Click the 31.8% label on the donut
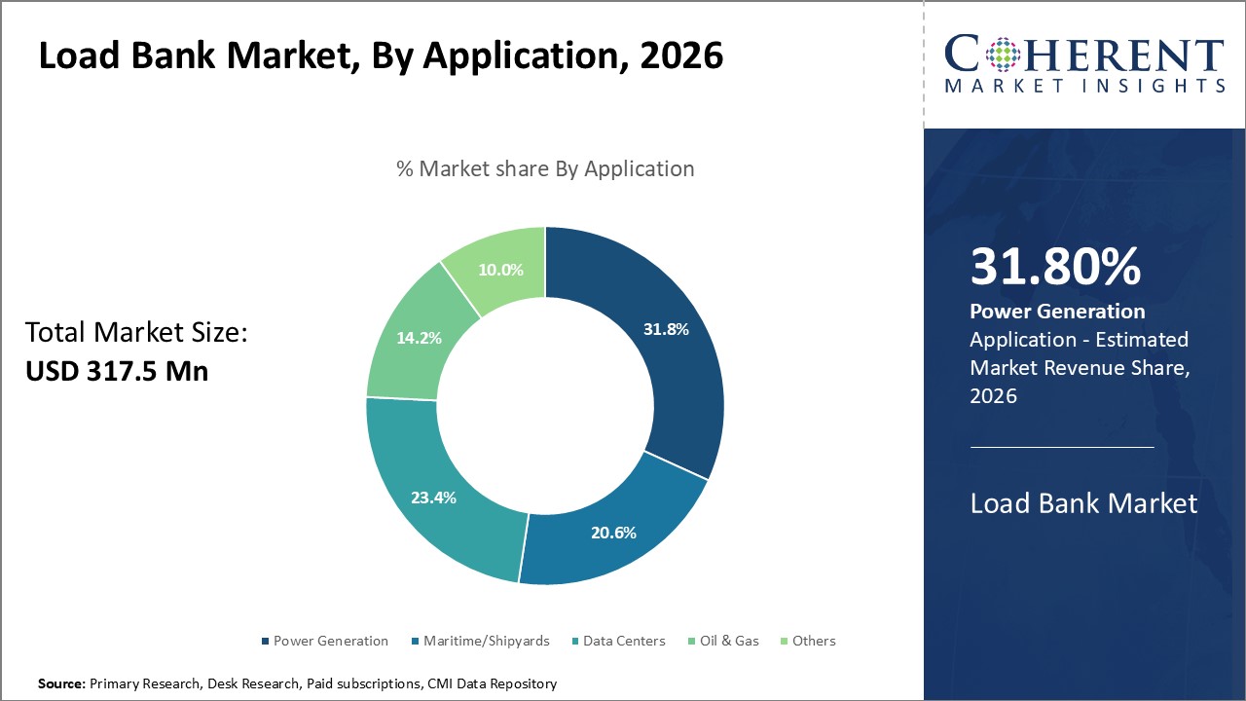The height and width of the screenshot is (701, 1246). [666, 329]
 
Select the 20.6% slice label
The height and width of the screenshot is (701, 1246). [613, 533]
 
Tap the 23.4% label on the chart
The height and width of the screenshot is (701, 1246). [433, 498]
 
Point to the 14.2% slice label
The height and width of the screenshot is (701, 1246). [419, 338]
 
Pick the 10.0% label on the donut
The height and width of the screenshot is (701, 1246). [500, 270]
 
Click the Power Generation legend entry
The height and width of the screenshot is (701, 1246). [330, 641]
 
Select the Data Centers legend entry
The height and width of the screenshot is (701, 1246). [624, 641]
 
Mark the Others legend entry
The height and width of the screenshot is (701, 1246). [814, 641]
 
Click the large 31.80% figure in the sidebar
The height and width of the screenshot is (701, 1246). [1055, 267]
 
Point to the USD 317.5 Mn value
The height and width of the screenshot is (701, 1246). [117, 371]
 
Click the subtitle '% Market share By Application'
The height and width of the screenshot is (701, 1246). [545, 168]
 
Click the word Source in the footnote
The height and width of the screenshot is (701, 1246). [61, 684]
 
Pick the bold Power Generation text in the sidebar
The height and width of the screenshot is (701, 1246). [1057, 312]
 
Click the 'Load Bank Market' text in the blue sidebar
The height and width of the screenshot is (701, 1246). [1083, 503]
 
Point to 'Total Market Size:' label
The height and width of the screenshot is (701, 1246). [137, 333]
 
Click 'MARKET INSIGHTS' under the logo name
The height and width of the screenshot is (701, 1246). [1084, 86]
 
